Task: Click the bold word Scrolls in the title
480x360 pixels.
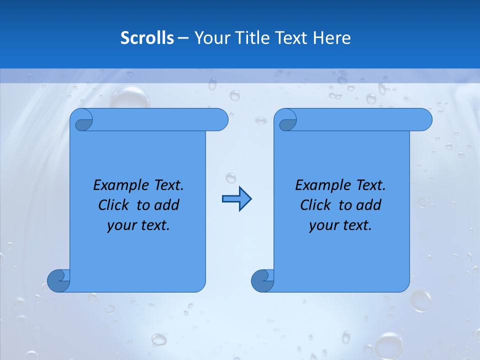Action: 147,38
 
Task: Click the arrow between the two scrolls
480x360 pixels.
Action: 236,199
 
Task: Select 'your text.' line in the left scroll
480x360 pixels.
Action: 138,225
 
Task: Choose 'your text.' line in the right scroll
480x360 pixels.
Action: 340,225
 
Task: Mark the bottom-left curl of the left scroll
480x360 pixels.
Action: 59,280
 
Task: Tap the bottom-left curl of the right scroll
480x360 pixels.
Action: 263,280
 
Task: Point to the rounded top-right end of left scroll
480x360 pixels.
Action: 220,119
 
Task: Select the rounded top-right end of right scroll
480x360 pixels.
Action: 424,119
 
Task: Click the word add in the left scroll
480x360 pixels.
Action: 167,205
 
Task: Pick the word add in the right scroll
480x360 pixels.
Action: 369,205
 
